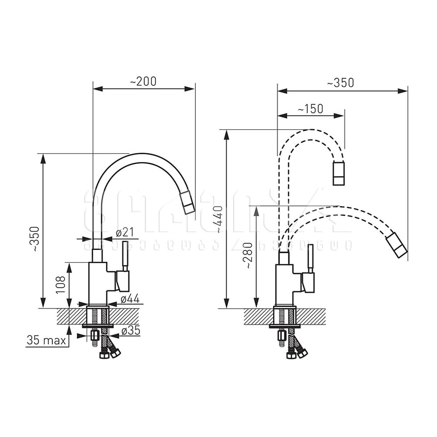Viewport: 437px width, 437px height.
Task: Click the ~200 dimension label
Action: point(143,81)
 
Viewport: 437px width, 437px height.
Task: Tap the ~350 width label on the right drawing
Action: point(340,83)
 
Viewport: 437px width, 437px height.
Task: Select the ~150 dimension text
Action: point(310,109)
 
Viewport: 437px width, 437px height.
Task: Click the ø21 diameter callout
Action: point(124,233)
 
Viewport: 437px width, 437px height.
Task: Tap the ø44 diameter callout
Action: point(130,299)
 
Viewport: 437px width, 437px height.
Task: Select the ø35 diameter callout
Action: point(131,331)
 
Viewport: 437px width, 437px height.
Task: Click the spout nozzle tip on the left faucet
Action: point(187,203)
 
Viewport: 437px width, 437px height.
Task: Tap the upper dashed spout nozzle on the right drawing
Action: point(339,173)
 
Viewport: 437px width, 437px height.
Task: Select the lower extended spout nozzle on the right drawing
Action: point(397,245)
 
